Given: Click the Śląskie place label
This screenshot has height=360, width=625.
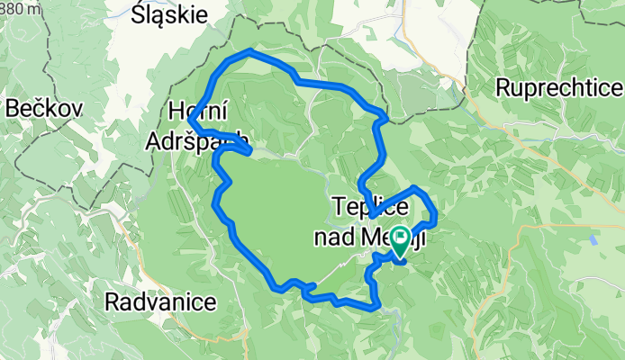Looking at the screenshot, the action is coord(169,14).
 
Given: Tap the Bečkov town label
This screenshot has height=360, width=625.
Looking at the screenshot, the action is coord(45,109).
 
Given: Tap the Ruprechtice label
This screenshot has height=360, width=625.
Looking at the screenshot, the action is coord(559,88).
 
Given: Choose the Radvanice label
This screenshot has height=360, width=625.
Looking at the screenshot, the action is coord(160,301).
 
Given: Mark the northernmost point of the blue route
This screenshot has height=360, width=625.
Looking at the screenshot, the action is coord(248,52).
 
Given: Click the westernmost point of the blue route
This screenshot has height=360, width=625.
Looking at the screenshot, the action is coord(189,122).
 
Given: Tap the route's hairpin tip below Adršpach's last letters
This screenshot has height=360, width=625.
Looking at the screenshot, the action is coord(249,150).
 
